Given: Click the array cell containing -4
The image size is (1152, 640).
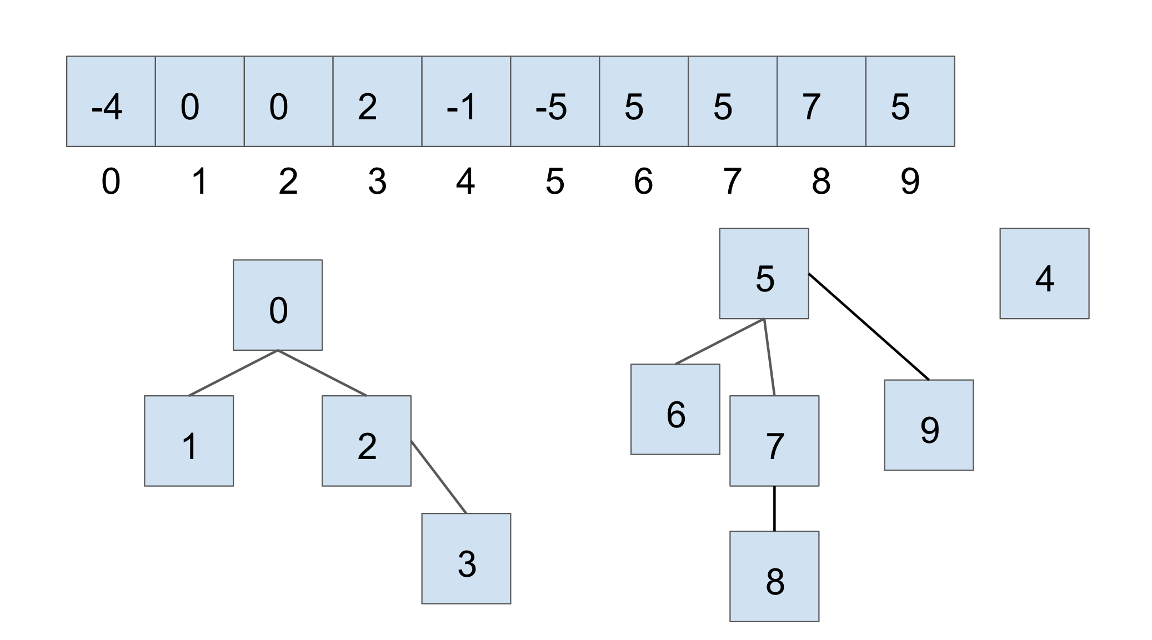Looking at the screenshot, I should tap(111, 102).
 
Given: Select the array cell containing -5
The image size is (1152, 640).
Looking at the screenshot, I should tap(554, 102).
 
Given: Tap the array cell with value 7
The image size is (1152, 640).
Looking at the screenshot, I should tap(821, 102).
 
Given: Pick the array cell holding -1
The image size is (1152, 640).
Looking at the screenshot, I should tap(465, 102).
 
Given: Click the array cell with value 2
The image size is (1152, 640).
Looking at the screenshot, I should tap(377, 102).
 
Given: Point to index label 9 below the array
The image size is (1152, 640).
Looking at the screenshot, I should tap(910, 182).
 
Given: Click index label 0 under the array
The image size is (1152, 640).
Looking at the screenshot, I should tap(111, 182).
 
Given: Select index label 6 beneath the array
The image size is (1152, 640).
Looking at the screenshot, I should tap(643, 182).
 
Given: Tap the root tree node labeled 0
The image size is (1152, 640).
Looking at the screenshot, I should tap(278, 305).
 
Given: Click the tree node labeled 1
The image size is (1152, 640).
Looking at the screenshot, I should tap(189, 441).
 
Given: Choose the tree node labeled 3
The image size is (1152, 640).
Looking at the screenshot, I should tap(466, 558).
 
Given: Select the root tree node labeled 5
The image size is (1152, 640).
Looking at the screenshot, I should tap(764, 274).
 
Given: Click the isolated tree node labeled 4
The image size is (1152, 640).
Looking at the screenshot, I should tap(1044, 274).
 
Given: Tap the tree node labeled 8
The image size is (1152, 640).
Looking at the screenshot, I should tap(774, 576).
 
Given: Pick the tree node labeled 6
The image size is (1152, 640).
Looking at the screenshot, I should tap(675, 409).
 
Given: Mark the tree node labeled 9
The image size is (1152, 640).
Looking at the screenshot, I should tap(929, 425).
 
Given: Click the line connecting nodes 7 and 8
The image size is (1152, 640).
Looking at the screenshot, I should tap(774, 508).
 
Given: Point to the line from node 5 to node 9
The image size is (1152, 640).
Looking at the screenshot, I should tap(869, 327).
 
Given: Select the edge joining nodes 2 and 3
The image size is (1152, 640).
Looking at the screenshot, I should tap(439, 477).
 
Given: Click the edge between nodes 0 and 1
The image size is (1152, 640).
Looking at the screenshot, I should tap(233, 373).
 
